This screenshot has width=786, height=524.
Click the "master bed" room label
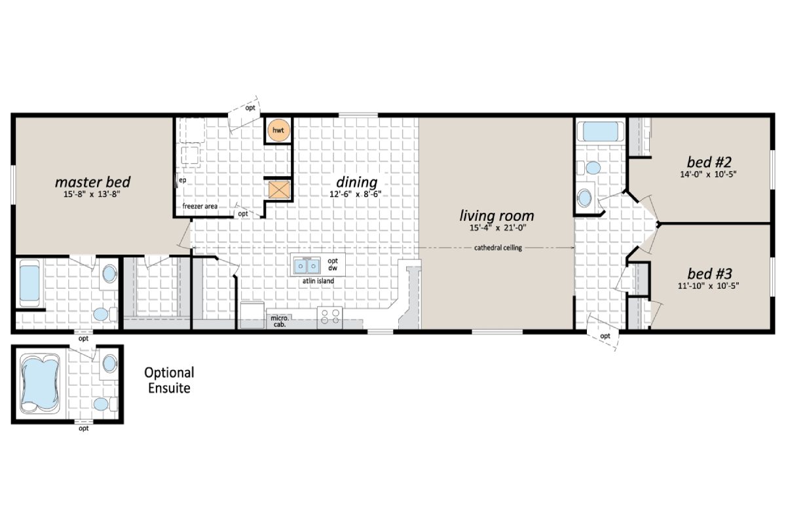92,181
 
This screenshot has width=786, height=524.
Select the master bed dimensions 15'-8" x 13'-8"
92,195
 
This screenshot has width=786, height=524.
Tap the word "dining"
356,181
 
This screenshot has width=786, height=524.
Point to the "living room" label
496,215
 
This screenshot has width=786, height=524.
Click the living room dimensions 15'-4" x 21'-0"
496,227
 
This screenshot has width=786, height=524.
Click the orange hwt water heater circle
278,130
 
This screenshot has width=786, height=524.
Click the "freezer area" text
200,206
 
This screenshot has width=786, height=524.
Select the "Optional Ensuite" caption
169,381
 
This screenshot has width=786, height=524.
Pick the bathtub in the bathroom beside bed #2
600,131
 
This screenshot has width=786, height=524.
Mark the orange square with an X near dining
278,189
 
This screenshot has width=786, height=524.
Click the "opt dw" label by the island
332,265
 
